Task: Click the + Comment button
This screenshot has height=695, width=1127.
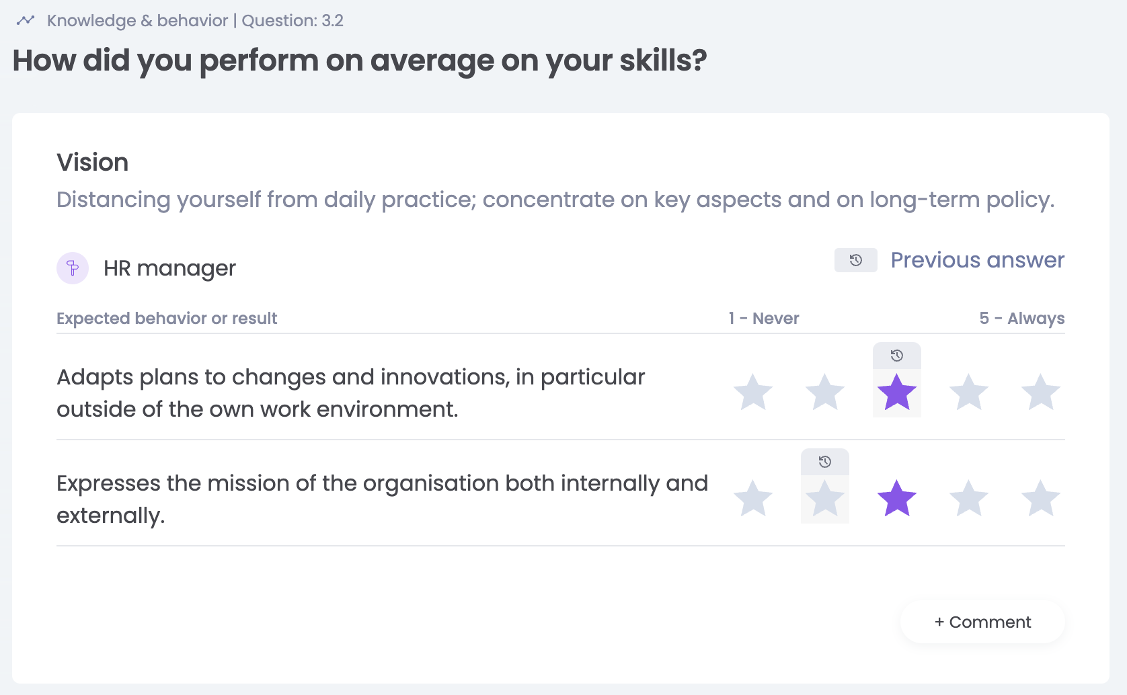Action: tap(982, 622)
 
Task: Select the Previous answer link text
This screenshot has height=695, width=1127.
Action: tap(978, 260)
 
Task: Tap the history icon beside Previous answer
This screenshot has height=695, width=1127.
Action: tap(856, 260)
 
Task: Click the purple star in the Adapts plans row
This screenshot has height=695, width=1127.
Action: tap(896, 393)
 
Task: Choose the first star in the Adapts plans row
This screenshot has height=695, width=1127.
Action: tap(753, 393)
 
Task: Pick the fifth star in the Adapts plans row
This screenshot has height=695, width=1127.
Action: tap(1040, 393)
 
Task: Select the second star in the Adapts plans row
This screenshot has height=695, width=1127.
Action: tap(825, 393)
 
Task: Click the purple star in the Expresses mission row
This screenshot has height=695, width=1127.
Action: tap(896, 498)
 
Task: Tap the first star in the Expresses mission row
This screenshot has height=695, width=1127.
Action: tap(753, 498)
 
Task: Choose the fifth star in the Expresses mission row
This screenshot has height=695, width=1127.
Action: tap(1040, 498)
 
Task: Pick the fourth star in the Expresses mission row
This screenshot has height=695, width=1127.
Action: tap(968, 498)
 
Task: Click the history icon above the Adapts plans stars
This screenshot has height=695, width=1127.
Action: tap(896, 356)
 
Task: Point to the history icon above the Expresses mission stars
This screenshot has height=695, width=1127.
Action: tap(824, 462)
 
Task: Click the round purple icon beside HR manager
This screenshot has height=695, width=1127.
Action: tap(73, 268)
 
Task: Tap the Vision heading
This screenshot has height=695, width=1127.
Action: tap(93, 163)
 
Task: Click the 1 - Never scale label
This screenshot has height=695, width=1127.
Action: tap(764, 319)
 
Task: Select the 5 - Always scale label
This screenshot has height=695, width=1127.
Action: tap(1022, 319)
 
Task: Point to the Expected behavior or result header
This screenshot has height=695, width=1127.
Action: tap(167, 319)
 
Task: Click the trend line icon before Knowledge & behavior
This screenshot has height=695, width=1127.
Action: tap(25, 21)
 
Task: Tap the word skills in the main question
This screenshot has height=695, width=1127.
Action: tap(663, 61)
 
